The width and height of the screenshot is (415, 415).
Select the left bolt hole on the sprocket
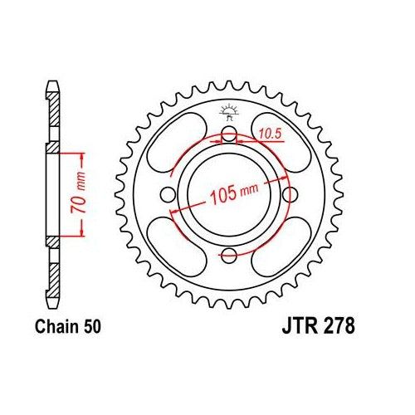pyautogui.click(x=169, y=195)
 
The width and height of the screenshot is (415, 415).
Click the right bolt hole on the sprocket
pyautogui.click(x=289, y=195)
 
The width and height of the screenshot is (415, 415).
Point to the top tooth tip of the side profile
pyautogui.click(x=52, y=83)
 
